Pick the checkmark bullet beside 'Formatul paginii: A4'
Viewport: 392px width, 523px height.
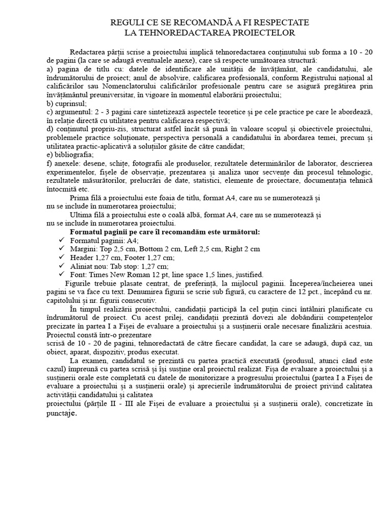(62, 241)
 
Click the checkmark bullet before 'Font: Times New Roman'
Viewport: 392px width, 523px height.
(62, 274)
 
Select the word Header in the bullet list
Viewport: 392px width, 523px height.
(82, 257)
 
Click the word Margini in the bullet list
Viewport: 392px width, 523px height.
(83, 249)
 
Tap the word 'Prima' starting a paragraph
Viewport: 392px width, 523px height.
(80, 198)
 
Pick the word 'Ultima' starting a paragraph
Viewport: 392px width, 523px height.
(82, 215)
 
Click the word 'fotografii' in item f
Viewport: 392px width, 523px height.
(127, 163)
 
